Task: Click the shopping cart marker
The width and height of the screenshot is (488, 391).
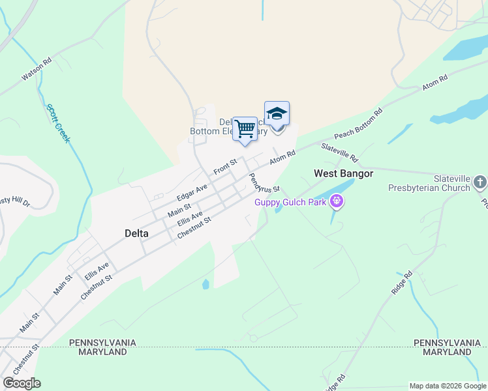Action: (x=245, y=129)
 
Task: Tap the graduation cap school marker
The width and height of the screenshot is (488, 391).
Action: (x=277, y=114)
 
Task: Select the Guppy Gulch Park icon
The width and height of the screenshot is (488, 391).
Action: (x=337, y=201)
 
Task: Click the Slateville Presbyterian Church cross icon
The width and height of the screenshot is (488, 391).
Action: (x=480, y=182)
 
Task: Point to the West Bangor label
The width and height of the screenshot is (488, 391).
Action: (x=343, y=173)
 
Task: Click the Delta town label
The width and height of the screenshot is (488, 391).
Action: (x=136, y=233)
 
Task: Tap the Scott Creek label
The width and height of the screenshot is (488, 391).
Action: (x=57, y=124)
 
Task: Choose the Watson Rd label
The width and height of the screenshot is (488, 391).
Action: (x=37, y=71)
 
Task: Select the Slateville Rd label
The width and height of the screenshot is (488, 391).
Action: (x=341, y=154)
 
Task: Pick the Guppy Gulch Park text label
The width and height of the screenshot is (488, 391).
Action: (x=290, y=202)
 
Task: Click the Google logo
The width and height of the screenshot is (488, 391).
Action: (x=22, y=383)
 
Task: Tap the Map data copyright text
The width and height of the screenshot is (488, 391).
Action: (x=448, y=386)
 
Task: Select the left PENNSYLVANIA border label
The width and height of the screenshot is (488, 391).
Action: (x=102, y=343)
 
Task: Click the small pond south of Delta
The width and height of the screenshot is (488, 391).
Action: (x=206, y=284)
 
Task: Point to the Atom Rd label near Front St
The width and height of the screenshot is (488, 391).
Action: (x=283, y=157)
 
